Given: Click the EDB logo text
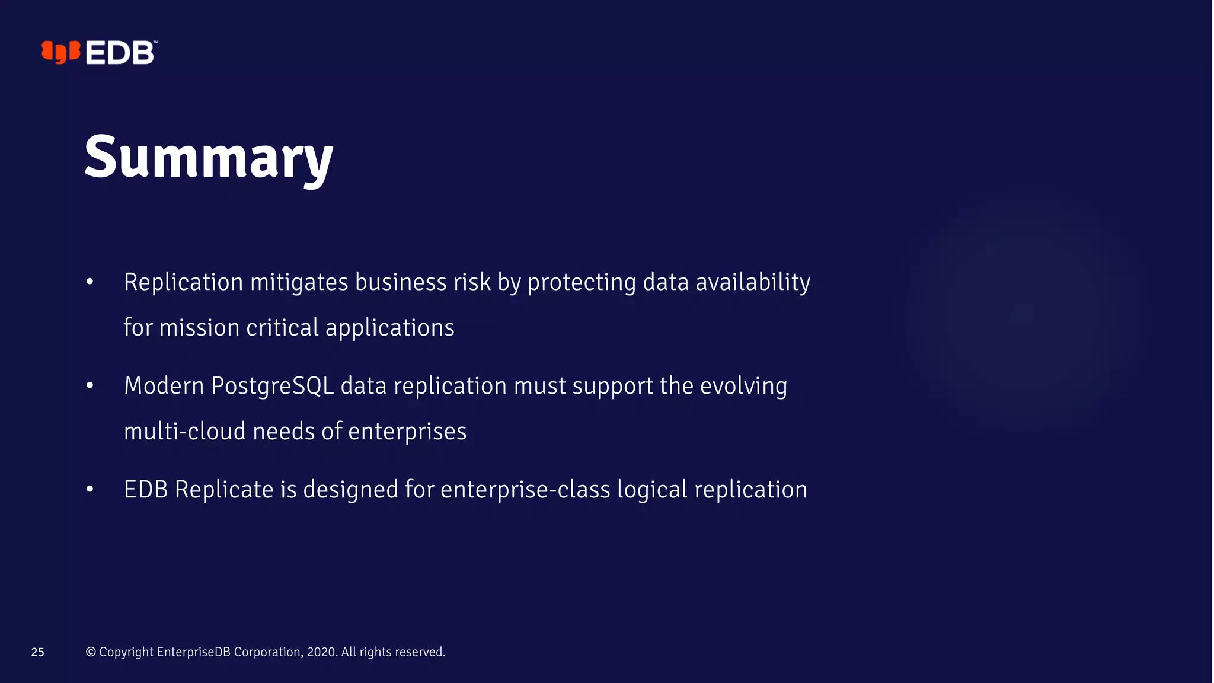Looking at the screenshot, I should tap(120, 53).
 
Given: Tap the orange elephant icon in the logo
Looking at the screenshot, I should tap(60, 52).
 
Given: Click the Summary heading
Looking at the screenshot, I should tap(209, 157).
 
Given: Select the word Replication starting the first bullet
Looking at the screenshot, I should tap(183, 282).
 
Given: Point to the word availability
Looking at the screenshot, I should tap(753, 282).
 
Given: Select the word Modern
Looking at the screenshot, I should tap(164, 386).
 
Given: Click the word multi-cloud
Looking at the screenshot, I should tap(184, 432).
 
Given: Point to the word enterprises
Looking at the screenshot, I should tap(407, 432).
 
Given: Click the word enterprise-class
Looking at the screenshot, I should tap(525, 490).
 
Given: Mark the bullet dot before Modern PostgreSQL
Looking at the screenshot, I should tap(90, 386).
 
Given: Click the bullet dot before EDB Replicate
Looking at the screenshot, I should tap(90, 490).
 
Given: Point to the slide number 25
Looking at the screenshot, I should tap(38, 652).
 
